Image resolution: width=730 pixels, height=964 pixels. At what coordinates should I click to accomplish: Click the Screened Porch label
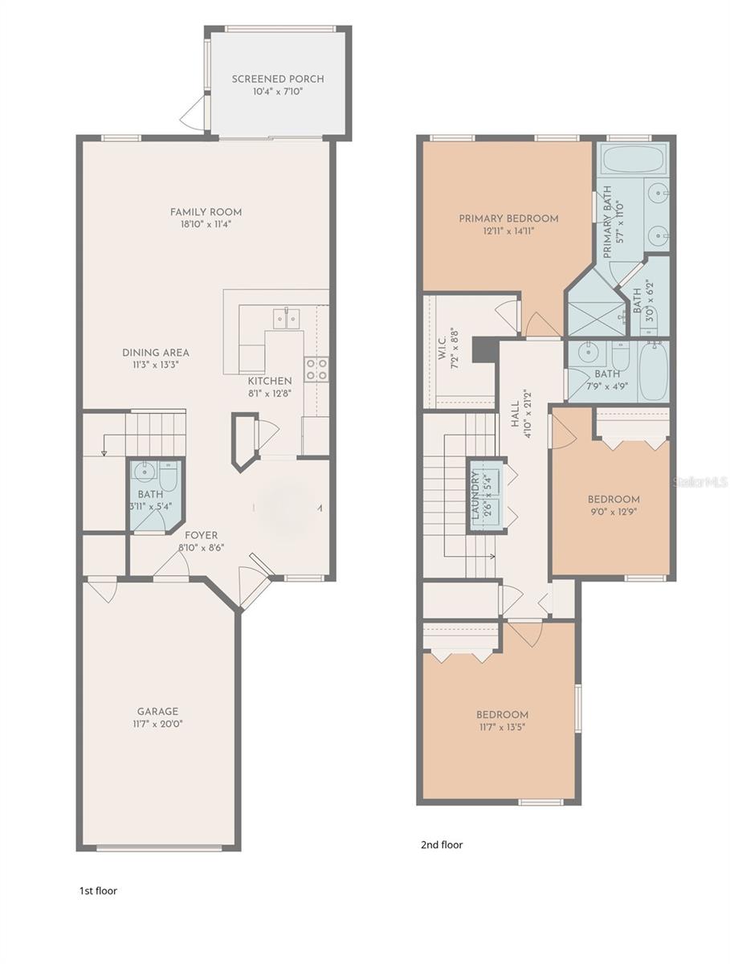pyautogui.click(x=278, y=79)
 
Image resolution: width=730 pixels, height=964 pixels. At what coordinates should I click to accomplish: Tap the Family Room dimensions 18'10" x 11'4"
pyautogui.click(x=206, y=225)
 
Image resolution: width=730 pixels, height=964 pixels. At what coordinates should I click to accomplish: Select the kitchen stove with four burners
pyautogui.click(x=316, y=369)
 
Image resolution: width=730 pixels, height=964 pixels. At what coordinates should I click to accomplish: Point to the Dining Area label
pyautogui.click(x=156, y=353)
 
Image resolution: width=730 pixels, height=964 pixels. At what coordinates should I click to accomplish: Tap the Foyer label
pyautogui.click(x=201, y=535)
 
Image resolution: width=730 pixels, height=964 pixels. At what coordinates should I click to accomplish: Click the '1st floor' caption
pyautogui.click(x=98, y=891)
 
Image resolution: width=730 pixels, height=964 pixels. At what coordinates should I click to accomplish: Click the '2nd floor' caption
pyautogui.click(x=442, y=844)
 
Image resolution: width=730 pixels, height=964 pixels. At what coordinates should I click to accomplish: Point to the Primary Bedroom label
pyautogui.click(x=508, y=218)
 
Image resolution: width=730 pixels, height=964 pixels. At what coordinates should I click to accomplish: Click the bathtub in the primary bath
pyautogui.click(x=633, y=160)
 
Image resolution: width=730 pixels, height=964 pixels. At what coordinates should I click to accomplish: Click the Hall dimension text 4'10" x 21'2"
pyautogui.click(x=528, y=415)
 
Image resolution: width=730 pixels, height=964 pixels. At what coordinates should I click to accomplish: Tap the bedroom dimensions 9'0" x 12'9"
pyautogui.click(x=614, y=511)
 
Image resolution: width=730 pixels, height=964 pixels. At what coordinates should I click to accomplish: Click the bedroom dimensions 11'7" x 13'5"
pyautogui.click(x=502, y=728)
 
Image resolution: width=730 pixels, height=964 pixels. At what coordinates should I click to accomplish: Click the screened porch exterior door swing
pyautogui.click(x=193, y=116)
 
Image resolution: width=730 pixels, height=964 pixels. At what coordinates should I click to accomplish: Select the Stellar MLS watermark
pyautogui.click(x=699, y=482)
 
